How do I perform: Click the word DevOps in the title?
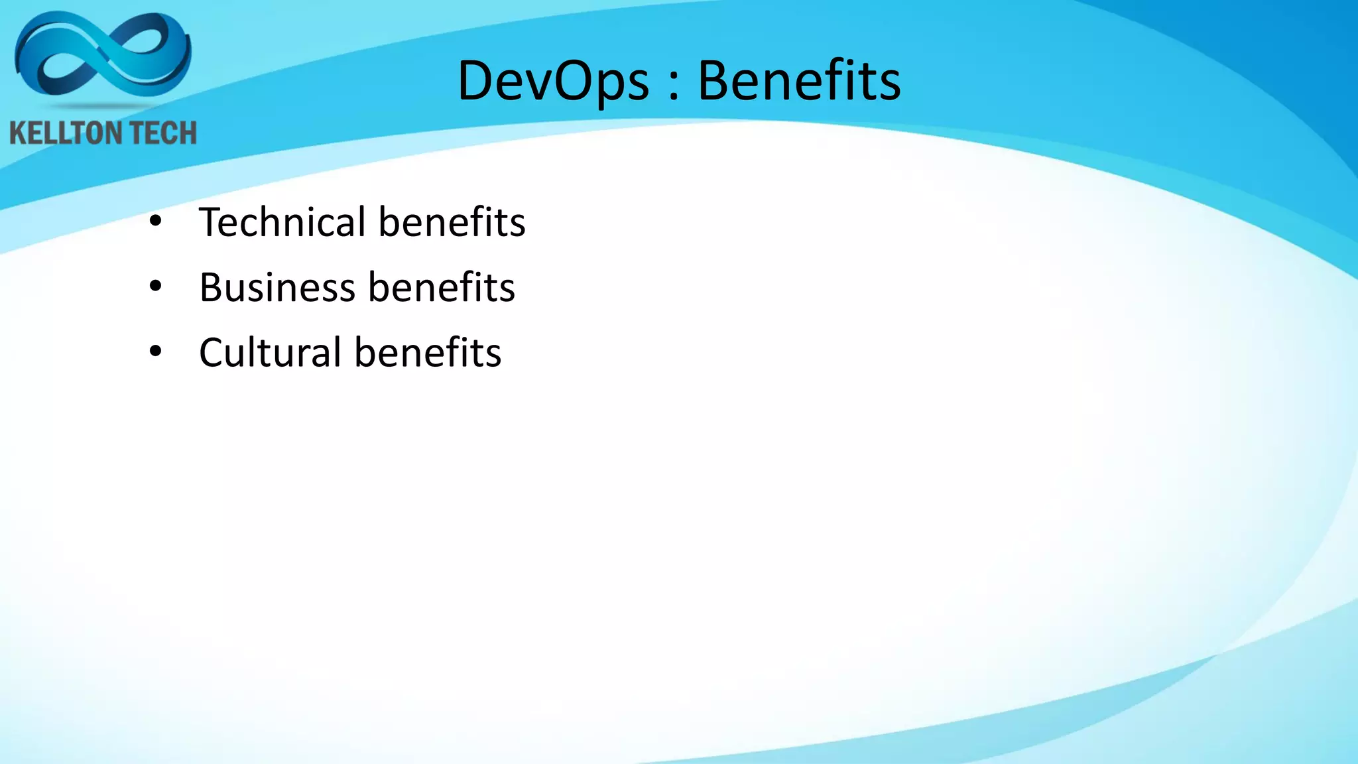coord(553,81)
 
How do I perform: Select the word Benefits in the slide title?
coord(799,81)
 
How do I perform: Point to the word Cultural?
coord(270,352)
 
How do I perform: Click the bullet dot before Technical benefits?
coord(155,222)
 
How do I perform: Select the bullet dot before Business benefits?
coord(155,286)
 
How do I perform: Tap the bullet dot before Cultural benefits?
coord(155,351)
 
